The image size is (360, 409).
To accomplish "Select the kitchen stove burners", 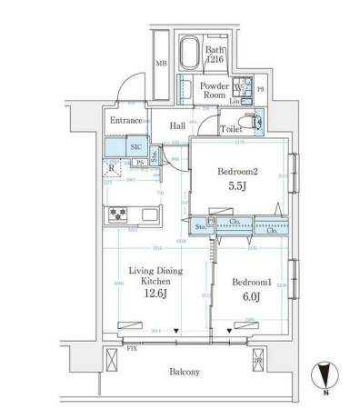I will (119, 215).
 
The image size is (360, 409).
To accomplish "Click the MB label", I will (161, 63).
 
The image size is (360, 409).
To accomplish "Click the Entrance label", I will (126, 121).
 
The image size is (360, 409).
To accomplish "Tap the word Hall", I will (178, 126).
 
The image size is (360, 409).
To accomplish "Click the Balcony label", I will (185, 372).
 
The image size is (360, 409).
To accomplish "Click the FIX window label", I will (132, 348).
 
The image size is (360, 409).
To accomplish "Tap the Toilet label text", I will (231, 129).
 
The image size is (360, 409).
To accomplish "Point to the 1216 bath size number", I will (215, 59).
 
